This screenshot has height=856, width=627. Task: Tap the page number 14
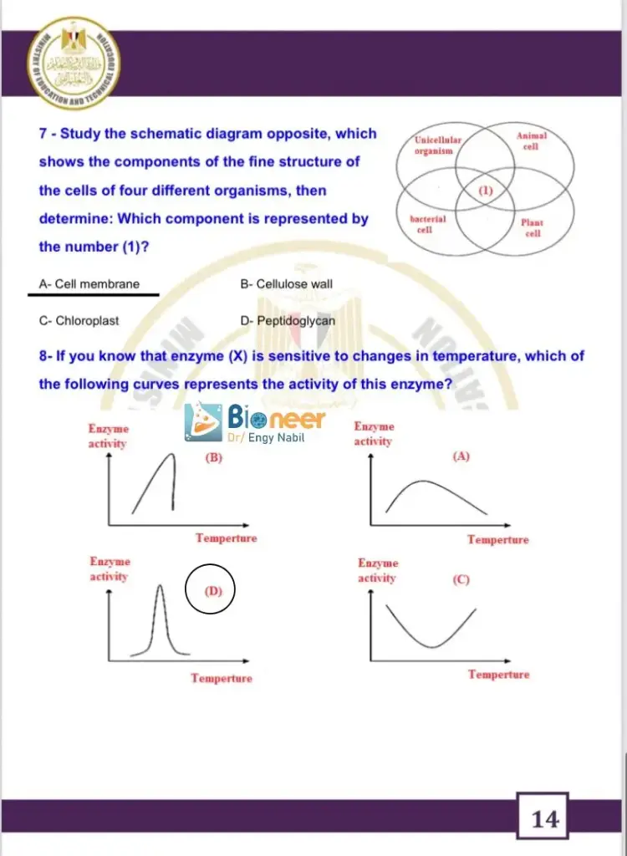[544, 819]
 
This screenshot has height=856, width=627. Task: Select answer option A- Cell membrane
[89, 284]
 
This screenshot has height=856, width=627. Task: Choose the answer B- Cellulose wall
[286, 284]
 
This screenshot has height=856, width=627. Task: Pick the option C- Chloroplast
[79, 320]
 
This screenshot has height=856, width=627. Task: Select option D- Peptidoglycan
[288, 320]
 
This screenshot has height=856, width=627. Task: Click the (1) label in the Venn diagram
[486, 190]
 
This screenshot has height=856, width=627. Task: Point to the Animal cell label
[531, 140]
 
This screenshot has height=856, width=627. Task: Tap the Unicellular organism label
[437, 146]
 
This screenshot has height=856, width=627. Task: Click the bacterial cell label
[427, 224]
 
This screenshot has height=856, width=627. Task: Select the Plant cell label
[532, 227]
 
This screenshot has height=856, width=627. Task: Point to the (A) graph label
[461, 456]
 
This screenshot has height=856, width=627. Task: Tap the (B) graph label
[213, 458]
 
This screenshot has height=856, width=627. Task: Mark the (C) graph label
[461, 579]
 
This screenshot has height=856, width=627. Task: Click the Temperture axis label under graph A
[497, 540]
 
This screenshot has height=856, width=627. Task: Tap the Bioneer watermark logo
[254, 424]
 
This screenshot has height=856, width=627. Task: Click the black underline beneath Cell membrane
[93, 294]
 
